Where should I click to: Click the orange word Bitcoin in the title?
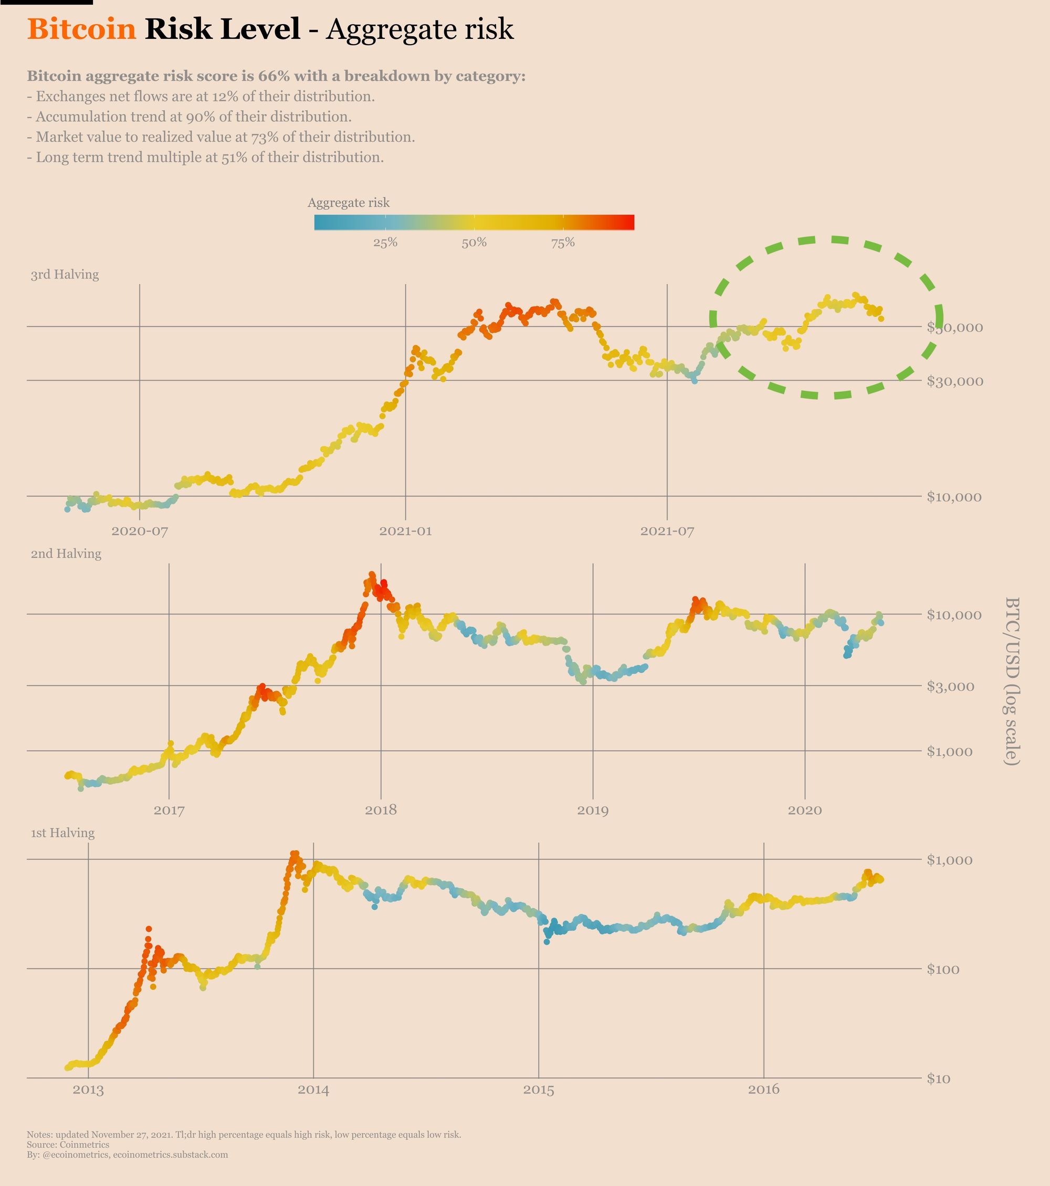(x=81, y=29)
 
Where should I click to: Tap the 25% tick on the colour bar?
(x=385, y=243)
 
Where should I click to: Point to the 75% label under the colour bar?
(x=563, y=243)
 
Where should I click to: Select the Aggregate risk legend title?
(x=348, y=203)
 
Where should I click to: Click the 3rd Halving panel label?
(x=65, y=275)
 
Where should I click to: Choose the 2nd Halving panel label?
(x=66, y=554)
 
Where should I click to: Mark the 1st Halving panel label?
(x=62, y=833)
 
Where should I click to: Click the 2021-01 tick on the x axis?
(x=405, y=531)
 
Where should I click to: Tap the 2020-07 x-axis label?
(x=139, y=531)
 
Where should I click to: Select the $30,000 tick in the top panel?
(x=954, y=381)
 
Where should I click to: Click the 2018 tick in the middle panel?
(x=381, y=810)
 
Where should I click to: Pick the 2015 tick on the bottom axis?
(x=539, y=1090)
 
